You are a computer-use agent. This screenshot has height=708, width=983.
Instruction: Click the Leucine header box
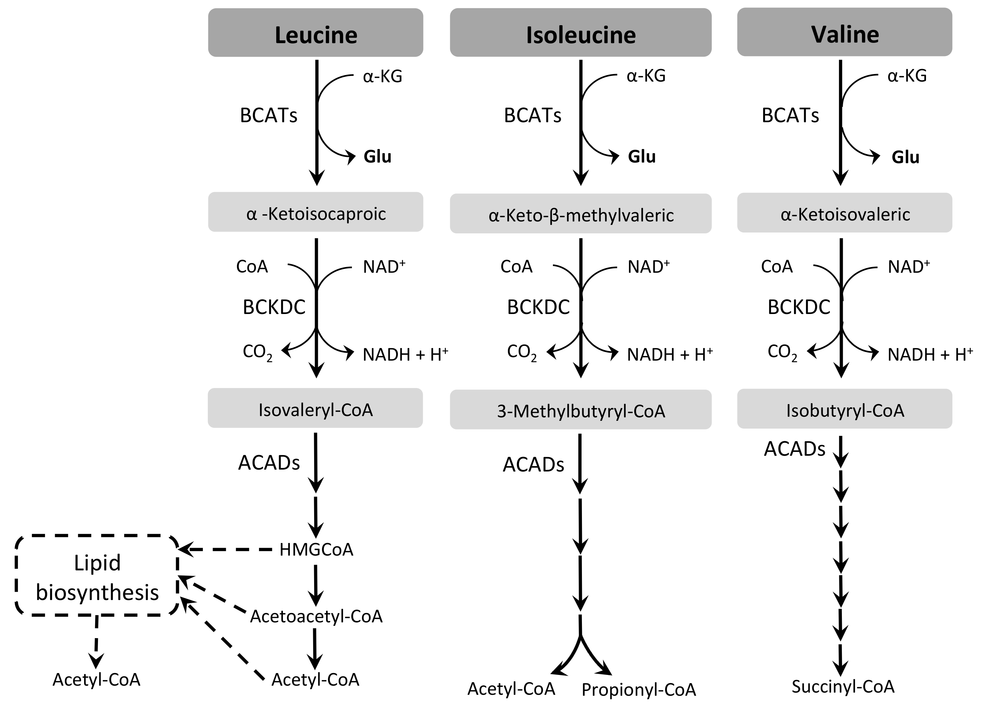pos(315,33)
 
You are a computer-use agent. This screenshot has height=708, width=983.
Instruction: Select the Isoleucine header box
pos(580,33)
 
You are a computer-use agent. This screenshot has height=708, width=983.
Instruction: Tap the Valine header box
pos(844,32)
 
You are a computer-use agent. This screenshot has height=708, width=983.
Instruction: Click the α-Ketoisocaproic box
pos(315,212)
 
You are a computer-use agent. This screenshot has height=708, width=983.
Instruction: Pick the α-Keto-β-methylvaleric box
pos(580,214)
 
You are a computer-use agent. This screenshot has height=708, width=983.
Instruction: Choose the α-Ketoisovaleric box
pos(844,213)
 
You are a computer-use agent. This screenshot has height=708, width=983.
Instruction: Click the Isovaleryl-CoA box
pos(315,408)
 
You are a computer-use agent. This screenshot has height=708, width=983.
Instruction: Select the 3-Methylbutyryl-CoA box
pos(580,410)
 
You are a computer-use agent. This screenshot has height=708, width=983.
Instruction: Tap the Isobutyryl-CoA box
pos(844,409)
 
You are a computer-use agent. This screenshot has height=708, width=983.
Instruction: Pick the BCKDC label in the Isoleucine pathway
pos(538,307)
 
